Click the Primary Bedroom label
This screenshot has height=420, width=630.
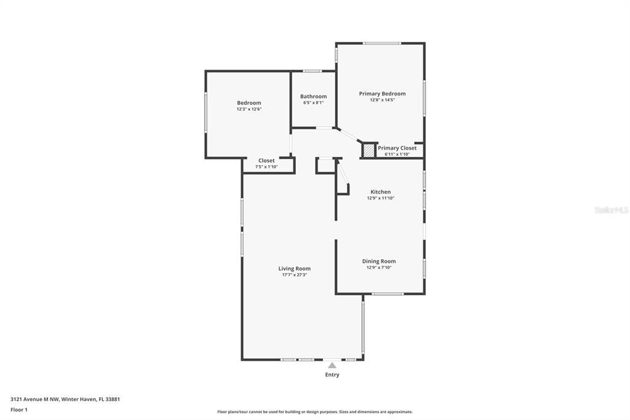tap(382, 94)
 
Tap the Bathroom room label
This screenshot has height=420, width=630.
tap(313, 97)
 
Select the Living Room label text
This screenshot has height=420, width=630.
tap(294, 269)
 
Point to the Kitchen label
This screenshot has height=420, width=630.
tap(380, 192)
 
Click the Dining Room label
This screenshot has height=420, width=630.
tap(378, 261)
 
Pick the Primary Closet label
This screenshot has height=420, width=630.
tap(397, 148)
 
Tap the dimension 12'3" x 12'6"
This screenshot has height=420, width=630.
tap(249, 109)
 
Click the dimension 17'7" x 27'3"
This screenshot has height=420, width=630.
tap(294, 275)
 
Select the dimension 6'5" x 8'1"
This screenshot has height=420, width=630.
tap(313, 103)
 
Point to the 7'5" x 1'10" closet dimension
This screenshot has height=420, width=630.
tap(266, 167)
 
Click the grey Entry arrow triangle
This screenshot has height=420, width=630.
tap(332, 365)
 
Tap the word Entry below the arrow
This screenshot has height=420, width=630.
tap(332, 374)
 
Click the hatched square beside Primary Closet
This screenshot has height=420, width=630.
tap(368, 150)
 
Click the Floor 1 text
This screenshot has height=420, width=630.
tap(19, 410)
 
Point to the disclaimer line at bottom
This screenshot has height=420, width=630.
tap(314, 412)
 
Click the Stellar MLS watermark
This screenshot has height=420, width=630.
tap(611, 210)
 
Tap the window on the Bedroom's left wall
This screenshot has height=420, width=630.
tap(205, 112)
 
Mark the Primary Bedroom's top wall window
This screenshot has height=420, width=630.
tap(381, 43)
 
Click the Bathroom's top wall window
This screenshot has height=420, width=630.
tap(313, 71)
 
